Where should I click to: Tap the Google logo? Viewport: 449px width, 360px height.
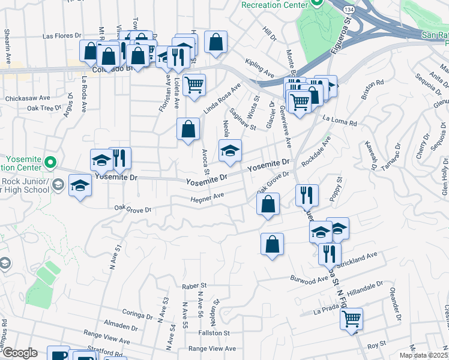click(19, 353)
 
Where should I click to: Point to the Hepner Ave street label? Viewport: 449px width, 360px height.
click(207, 197)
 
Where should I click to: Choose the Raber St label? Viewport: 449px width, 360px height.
click(195, 286)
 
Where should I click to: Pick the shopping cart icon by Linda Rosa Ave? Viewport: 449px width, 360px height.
click(194, 85)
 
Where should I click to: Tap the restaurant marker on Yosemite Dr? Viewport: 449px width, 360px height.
click(120, 158)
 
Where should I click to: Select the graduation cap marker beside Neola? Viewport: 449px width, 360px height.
click(230, 151)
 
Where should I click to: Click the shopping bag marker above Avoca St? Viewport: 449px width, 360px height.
click(188, 129)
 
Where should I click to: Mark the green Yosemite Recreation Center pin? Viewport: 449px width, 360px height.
click(51, 162)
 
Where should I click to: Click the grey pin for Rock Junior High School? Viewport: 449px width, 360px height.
click(58, 184)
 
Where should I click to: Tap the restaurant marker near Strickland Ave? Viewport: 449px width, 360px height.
click(330, 253)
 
